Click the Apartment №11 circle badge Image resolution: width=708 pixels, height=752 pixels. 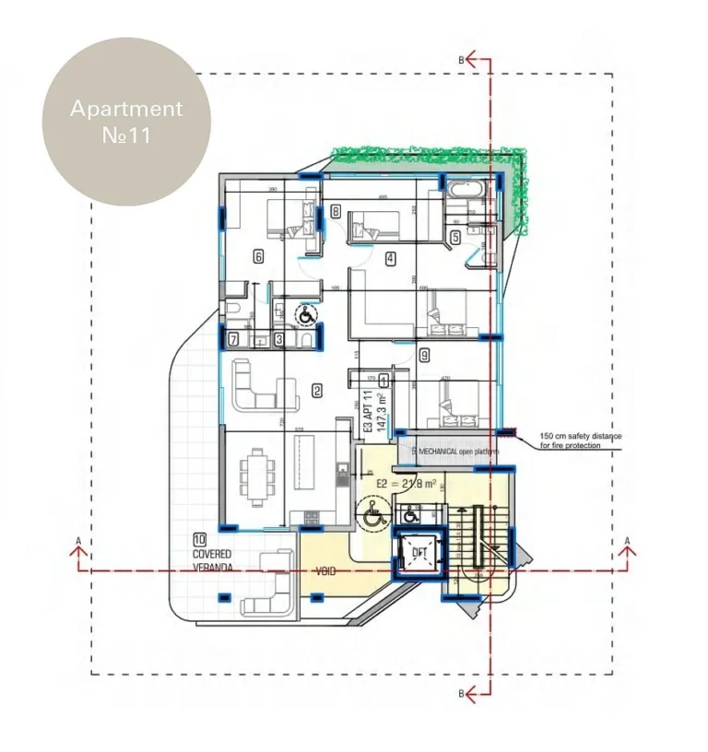pos(126,121)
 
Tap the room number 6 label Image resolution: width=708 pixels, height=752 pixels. pos(258,257)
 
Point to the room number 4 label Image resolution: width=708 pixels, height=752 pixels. pos(391,258)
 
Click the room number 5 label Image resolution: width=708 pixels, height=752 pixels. pos(455,237)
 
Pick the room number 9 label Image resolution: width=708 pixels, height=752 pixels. pos(423,355)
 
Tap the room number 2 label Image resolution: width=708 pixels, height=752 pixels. pos(317,391)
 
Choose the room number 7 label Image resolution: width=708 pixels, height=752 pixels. pos(234,339)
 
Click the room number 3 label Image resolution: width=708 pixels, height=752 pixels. pos(278,339)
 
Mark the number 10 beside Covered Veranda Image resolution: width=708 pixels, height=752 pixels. pos(199,539)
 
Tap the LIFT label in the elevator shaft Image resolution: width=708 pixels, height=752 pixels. pos(419,552)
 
